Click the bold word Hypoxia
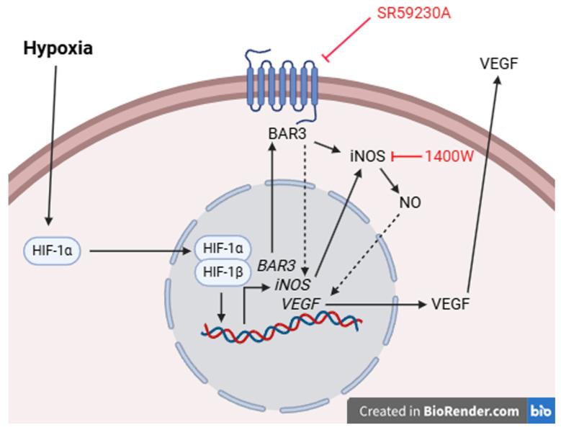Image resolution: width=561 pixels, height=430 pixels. point(58,48)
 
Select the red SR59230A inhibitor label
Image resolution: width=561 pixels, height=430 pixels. point(414,14)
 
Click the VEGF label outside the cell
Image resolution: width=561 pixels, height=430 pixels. point(498,64)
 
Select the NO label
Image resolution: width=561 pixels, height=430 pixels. point(410,202)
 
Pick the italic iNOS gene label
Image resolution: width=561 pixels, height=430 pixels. point(292,285)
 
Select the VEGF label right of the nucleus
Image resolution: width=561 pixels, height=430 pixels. point(450,305)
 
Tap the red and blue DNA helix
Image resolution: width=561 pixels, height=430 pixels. point(281,328)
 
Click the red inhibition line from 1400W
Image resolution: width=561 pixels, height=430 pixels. point(405,156)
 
